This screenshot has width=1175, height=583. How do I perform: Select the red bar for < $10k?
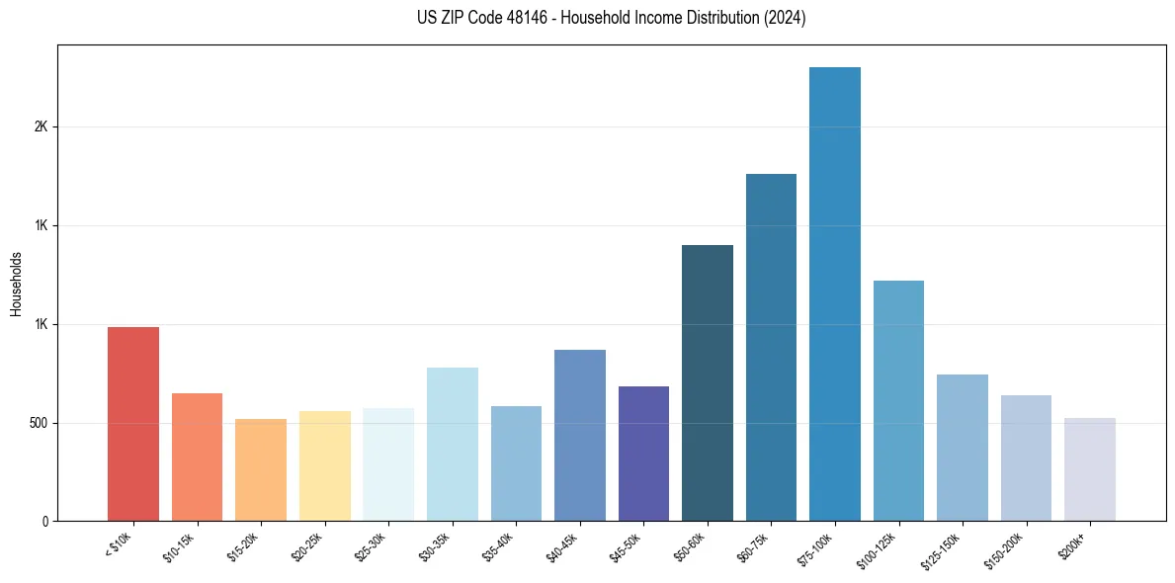133,424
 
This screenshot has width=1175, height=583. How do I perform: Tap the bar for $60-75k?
771,347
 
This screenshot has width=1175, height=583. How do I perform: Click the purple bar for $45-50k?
643,454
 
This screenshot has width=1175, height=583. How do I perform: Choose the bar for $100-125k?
898,400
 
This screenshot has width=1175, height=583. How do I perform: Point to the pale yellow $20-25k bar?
324,465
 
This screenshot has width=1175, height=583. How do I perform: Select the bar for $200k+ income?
1089,469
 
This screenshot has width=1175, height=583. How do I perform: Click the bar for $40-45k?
579,435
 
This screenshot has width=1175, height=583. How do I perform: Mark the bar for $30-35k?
452,444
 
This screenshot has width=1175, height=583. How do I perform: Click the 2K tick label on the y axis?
41,127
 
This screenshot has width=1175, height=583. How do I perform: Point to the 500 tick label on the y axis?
38,423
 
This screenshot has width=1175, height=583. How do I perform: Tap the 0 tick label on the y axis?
45,522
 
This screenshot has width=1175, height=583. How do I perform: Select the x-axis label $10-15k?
179,546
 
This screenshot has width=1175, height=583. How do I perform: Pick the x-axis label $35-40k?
498,546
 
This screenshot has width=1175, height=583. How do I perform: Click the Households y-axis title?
17,284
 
